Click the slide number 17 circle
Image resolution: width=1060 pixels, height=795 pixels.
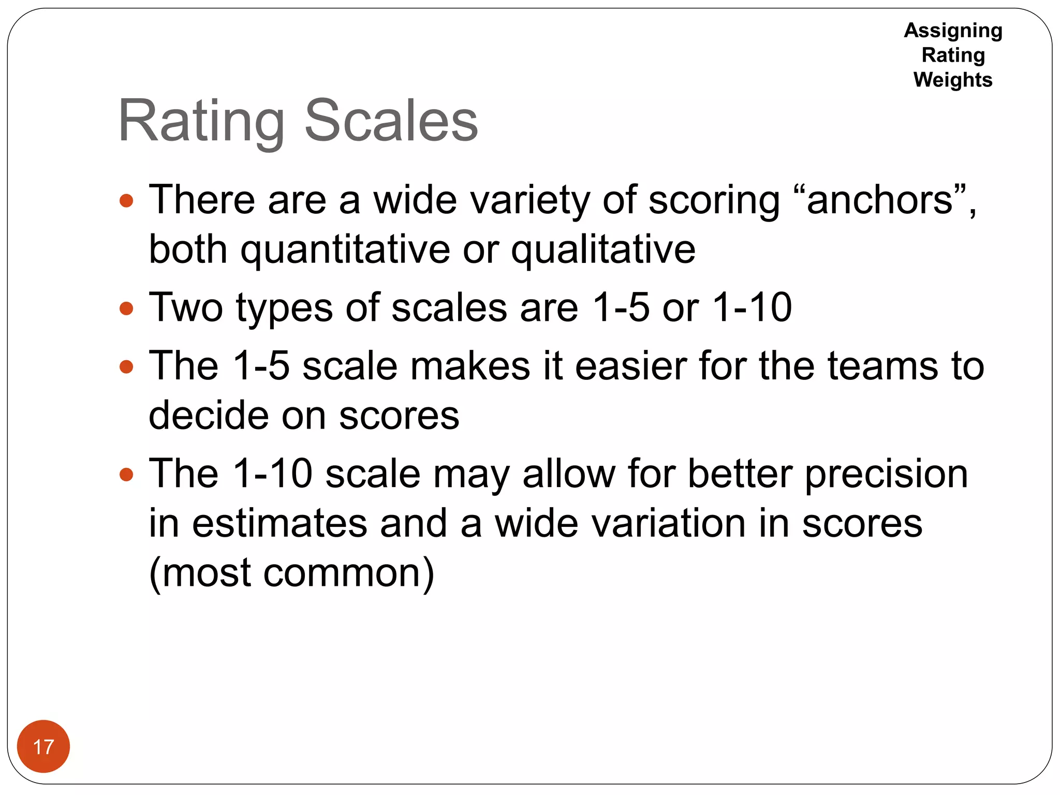(43, 746)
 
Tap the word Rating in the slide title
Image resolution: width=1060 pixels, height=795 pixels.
(201, 122)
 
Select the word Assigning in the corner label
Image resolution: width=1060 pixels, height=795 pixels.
(953, 31)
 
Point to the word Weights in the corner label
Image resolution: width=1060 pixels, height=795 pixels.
(953, 80)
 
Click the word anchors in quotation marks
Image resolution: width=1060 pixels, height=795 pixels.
(879, 200)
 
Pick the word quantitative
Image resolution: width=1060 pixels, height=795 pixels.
(345, 249)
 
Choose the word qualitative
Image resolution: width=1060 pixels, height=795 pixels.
(603, 249)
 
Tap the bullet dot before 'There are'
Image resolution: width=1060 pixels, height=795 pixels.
(126, 200)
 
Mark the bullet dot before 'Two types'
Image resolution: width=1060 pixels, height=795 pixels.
(126, 309)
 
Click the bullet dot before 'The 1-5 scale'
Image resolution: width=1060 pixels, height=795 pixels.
(126, 367)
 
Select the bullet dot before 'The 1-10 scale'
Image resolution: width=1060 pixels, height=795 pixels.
(126, 475)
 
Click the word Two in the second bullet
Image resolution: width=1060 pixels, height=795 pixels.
(186, 307)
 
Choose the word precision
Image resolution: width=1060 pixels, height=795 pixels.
(886, 475)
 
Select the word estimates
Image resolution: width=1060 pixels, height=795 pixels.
(279, 523)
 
